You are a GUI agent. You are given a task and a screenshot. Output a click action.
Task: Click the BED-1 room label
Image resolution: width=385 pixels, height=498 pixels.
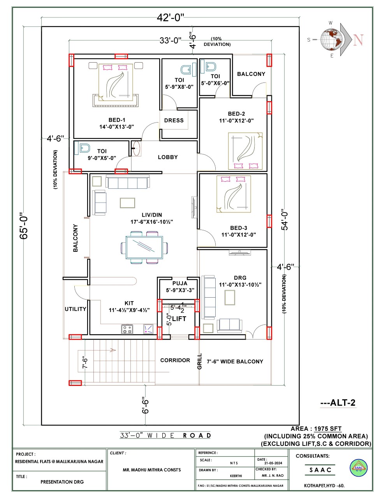[117, 120]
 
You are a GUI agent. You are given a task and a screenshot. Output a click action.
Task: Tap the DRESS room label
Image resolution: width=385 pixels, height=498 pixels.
[174, 121]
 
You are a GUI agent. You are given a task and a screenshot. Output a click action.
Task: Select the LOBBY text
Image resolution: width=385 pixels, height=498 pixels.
[168, 157]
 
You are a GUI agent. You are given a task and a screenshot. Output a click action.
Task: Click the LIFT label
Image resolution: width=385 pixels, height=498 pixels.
[179, 319]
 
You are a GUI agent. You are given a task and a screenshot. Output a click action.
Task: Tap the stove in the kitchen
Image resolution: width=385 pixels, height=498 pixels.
[127, 330]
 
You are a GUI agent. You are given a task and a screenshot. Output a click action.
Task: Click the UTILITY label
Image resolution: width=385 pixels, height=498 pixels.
[75, 309]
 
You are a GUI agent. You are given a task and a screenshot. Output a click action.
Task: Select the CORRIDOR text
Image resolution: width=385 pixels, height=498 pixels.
[175, 361]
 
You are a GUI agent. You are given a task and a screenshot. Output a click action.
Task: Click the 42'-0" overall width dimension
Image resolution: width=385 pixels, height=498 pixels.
[171, 18]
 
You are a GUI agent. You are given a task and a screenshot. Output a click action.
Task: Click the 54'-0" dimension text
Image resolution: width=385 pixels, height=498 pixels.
[285, 221]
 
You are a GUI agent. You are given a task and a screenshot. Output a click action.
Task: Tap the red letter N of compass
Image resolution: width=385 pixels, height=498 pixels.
[358, 40]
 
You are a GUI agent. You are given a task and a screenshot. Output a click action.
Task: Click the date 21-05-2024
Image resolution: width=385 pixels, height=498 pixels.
[271, 463]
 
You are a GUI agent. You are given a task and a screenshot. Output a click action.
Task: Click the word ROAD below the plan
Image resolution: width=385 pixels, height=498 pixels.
[197, 435]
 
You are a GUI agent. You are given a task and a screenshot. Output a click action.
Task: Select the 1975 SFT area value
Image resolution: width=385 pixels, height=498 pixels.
[328, 429]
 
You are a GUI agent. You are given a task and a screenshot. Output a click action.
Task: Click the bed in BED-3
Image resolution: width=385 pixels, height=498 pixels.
[234, 194]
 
